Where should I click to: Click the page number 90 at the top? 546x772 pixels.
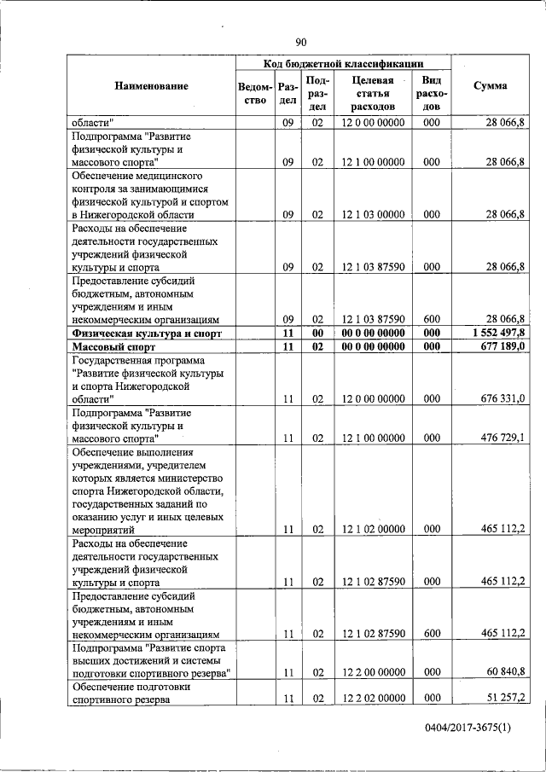(300, 43)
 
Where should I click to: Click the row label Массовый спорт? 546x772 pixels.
(111, 346)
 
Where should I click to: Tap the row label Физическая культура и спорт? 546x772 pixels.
(147, 332)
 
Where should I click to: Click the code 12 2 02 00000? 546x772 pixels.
(373, 699)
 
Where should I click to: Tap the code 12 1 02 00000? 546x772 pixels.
(373, 529)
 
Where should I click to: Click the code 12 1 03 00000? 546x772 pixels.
(373, 216)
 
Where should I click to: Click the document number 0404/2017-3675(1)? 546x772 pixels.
(479, 727)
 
